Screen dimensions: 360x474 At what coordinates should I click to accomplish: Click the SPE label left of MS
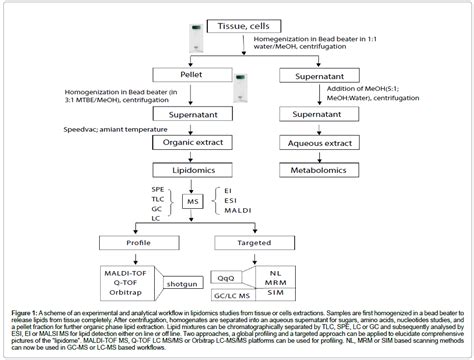click(130, 189)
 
